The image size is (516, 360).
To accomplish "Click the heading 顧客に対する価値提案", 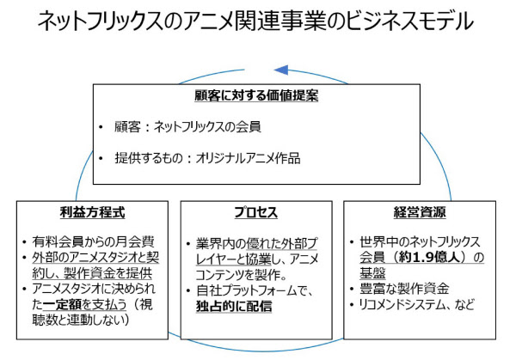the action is pos(256,95).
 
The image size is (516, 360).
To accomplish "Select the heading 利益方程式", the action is pos(93,212).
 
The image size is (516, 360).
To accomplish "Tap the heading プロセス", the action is pos(256,212).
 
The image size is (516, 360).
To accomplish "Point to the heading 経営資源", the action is pos(420,212).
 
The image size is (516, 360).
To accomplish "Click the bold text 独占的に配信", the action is pos(234,306).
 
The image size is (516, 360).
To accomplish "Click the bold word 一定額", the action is pos(62,304).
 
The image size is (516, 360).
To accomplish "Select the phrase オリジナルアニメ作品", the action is pos(248,158).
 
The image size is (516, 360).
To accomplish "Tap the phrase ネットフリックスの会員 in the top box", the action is pos(207,126).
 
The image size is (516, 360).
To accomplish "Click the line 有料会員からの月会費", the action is pos(93,241).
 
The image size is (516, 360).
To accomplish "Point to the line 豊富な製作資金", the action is pos(404,289).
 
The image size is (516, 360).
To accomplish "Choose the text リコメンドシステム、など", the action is pos(416,304).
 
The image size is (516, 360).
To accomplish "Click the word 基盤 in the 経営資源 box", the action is pos(372,273).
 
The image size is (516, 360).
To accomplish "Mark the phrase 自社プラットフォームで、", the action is pos(254,290).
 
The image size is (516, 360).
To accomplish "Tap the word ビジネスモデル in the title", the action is pos(410,21).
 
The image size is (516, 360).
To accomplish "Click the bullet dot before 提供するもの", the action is pos(101,159).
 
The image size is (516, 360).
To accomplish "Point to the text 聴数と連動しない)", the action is pos(81,320).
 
